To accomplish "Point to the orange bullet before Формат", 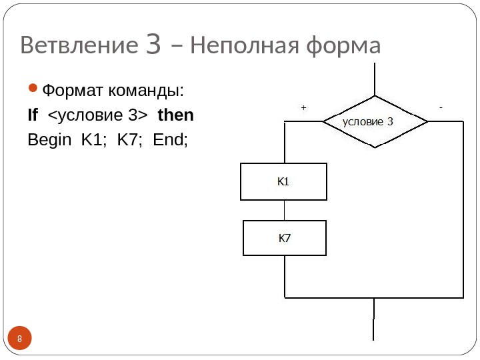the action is (34, 89).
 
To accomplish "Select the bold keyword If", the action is (33, 115).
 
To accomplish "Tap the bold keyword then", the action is (175, 115).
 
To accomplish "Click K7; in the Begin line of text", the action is (131, 141).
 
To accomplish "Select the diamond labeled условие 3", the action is (375, 121).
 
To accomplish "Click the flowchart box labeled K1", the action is (283, 181).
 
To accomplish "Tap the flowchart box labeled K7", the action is (284, 238).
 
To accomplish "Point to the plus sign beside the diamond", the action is (303, 107).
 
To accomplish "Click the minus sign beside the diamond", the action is (441, 106).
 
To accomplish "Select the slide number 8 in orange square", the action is (20, 341).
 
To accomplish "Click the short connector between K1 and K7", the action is (284, 210).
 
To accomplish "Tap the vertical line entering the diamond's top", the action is (375, 79).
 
